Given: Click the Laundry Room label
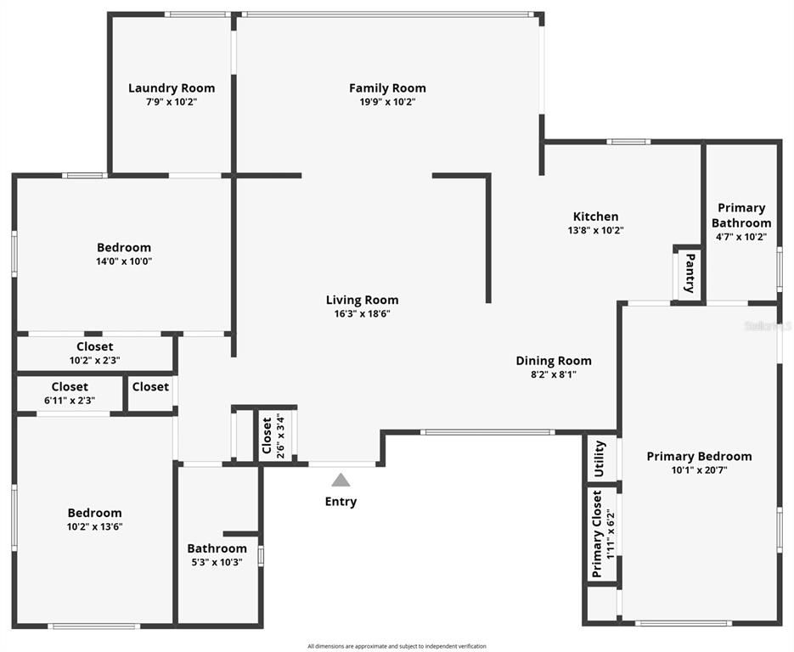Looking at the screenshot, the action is click(x=172, y=88).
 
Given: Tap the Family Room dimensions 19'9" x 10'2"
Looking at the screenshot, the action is click(x=387, y=102).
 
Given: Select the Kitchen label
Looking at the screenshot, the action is click(x=595, y=216).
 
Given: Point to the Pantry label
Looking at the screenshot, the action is click(x=690, y=273).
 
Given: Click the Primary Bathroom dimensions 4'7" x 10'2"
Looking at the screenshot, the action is click(x=741, y=236).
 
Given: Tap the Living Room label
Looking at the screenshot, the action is click(x=362, y=300).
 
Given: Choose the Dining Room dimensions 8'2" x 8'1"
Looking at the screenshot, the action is click(x=554, y=374).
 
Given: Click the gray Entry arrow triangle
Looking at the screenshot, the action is click(x=341, y=480).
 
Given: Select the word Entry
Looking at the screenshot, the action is click(x=341, y=501).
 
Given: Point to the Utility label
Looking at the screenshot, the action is click(x=599, y=458).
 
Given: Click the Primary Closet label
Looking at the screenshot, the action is click(x=597, y=533).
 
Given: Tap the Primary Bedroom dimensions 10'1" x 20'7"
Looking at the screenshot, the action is click(x=699, y=469).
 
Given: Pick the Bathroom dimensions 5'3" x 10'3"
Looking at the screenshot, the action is click(x=217, y=562).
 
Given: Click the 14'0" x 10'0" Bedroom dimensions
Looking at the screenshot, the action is click(x=124, y=261).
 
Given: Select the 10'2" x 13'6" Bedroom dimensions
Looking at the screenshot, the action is click(x=95, y=526).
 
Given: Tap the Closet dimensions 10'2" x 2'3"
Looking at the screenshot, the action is click(x=95, y=361).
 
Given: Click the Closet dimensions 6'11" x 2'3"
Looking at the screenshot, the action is click(x=70, y=401).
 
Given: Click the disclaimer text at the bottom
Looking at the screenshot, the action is click(x=397, y=646).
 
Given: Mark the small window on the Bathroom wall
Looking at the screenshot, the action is click(x=261, y=555).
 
